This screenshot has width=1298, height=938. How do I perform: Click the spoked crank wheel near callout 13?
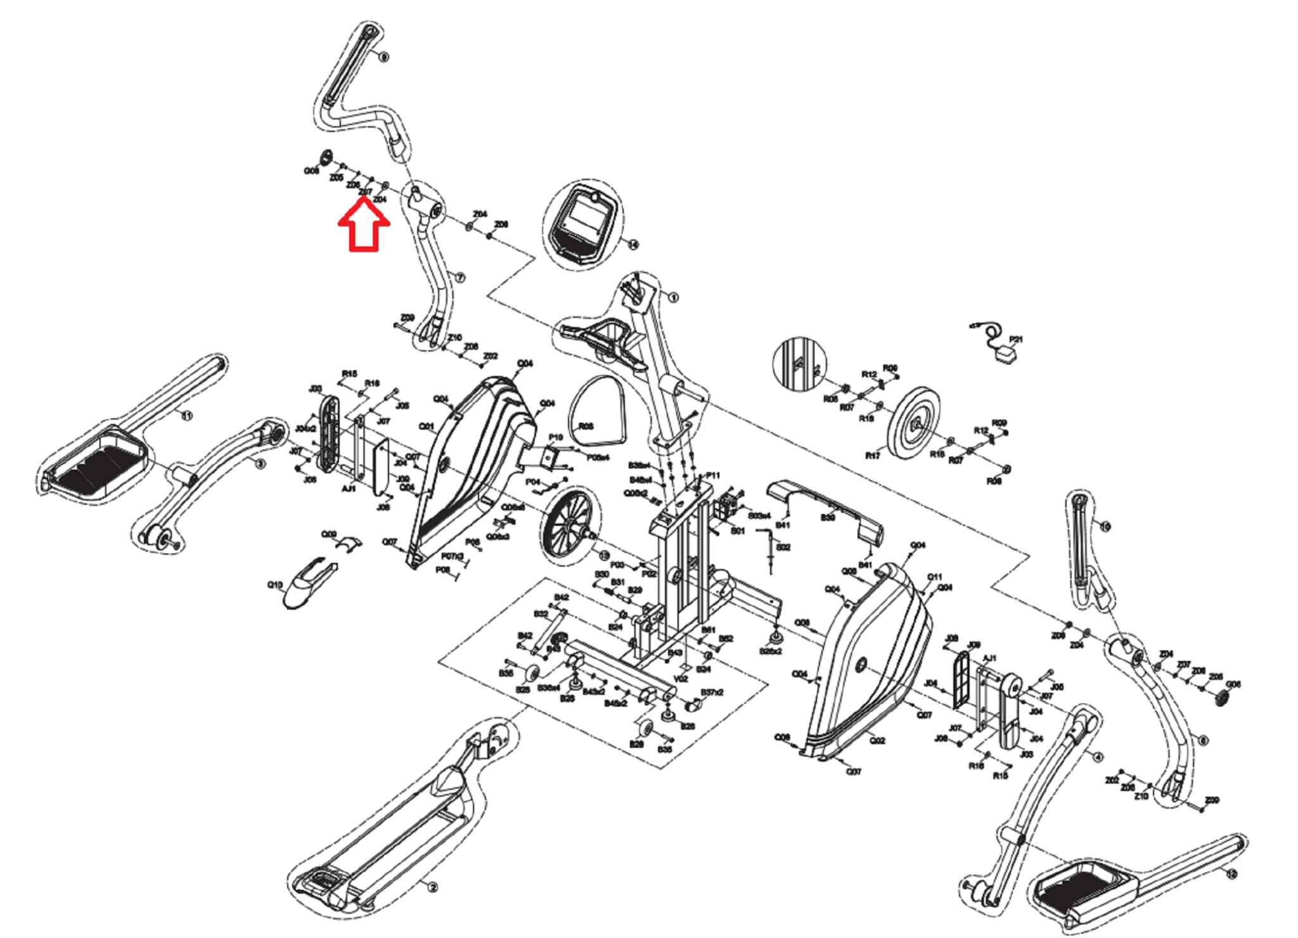click(567, 523)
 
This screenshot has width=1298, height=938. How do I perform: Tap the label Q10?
click(274, 584)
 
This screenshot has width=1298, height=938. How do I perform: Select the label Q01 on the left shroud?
click(427, 427)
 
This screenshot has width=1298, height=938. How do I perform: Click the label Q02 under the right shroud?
click(877, 740)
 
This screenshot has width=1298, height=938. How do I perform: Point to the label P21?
click(1015, 339)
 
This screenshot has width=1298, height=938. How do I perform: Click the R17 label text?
click(873, 456)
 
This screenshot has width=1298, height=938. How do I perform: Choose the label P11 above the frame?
click(713, 475)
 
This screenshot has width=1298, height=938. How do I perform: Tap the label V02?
click(681, 679)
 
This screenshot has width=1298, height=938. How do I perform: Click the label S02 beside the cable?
click(783, 547)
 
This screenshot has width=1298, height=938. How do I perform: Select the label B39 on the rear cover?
click(828, 517)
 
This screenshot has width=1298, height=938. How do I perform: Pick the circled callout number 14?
click(633, 244)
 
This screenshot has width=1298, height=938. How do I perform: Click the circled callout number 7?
click(460, 278)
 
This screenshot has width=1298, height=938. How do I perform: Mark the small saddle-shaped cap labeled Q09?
click(348, 543)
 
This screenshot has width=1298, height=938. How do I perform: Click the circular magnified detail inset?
click(800, 364)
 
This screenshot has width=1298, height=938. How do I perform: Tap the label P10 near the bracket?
click(555, 437)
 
